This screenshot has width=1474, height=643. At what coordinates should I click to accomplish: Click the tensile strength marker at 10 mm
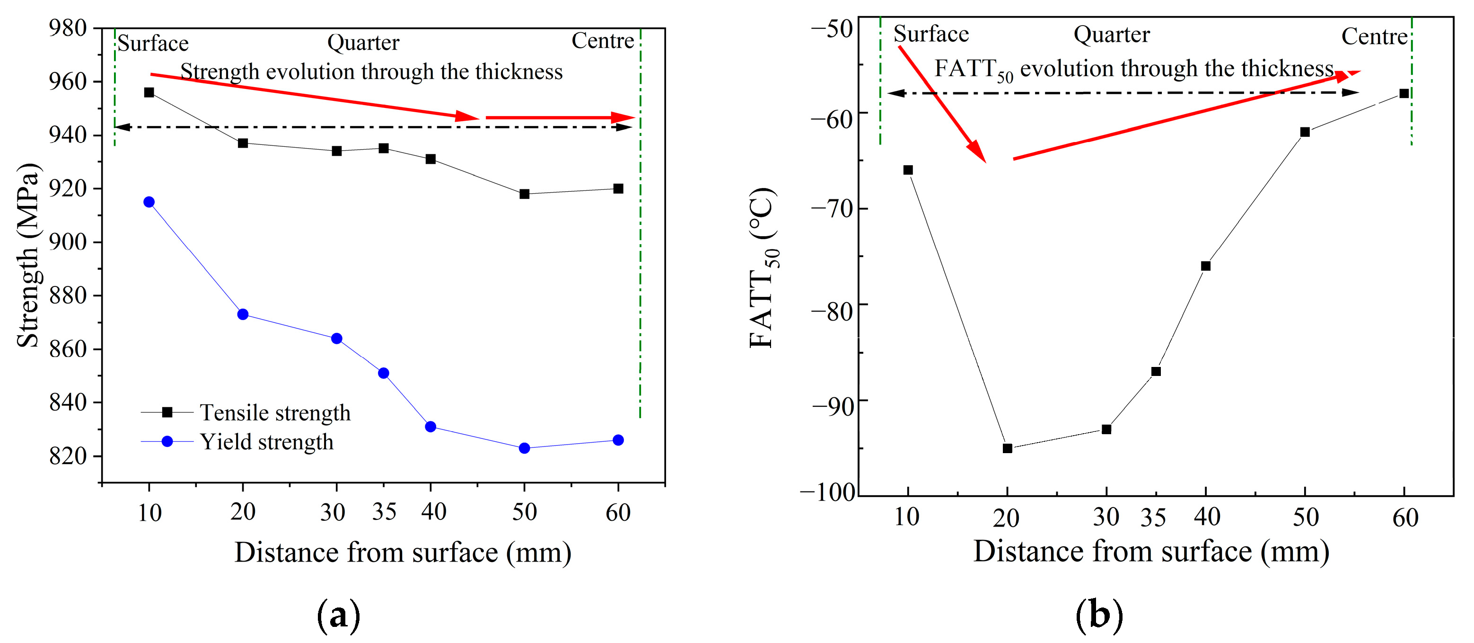tap(149, 92)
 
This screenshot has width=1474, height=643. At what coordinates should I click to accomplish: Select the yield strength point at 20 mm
tap(243, 314)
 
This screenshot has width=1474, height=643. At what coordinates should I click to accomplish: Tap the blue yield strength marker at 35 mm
tap(383, 373)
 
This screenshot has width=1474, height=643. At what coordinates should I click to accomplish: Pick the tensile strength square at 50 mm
tap(524, 194)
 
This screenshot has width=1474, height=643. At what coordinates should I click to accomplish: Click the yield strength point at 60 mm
tap(618, 440)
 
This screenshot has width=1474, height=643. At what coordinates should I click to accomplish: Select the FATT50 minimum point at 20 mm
tap(1007, 448)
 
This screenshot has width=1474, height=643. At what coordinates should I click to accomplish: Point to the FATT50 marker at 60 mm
tap(1404, 93)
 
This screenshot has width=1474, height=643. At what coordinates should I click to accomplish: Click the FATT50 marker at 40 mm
tap(1206, 266)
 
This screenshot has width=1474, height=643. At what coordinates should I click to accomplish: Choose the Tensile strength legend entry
tap(275, 413)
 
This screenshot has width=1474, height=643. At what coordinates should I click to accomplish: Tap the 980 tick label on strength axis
tap(68, 28)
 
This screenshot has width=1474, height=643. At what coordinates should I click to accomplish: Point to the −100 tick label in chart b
tap(827, 492)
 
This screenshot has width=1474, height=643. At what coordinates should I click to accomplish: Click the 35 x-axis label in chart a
tap(384, 511)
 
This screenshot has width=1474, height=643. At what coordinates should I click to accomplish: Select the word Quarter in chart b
tap(1111, 35)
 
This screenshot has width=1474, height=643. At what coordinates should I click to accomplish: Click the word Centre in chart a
tap(603, 41)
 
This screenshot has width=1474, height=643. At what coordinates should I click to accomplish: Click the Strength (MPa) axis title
tap(27, 255)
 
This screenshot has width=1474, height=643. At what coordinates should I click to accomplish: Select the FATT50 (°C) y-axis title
tap(763, 268)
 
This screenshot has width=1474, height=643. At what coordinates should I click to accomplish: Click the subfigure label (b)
tap(1098, 615)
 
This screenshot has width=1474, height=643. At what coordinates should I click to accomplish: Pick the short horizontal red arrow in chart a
tap(560, 118)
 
